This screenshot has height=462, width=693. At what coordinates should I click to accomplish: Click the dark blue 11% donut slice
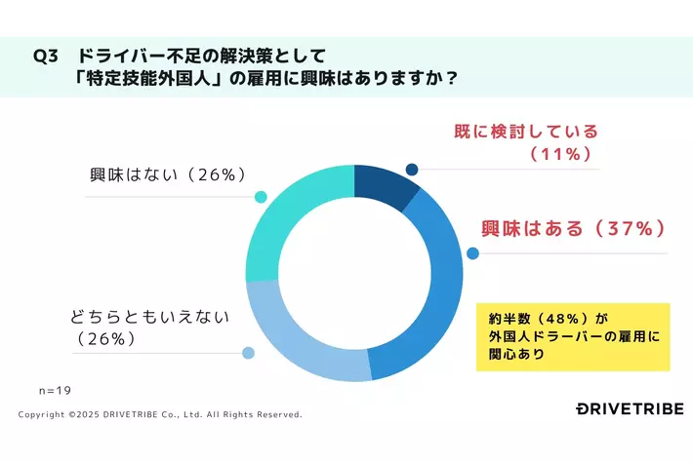tap(384, 184)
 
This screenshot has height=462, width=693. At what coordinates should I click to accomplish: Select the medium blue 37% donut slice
tap(434, 292)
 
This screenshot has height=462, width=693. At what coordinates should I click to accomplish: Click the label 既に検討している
tap(526, 132)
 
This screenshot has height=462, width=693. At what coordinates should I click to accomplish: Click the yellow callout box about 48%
tap(572, 336)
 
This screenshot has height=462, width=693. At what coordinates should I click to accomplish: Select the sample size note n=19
tap(55, 390)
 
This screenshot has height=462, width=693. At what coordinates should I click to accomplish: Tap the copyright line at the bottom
tap(161, 414)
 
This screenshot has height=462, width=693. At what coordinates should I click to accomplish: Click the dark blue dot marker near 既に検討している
tap(412, 168)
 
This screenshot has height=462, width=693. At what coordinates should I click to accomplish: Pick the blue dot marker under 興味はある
tap(473, 253)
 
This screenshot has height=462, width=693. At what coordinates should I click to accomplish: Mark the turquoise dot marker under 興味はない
tap(261, 197)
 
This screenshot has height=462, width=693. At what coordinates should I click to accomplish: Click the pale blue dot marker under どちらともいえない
tap(248, 353)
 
